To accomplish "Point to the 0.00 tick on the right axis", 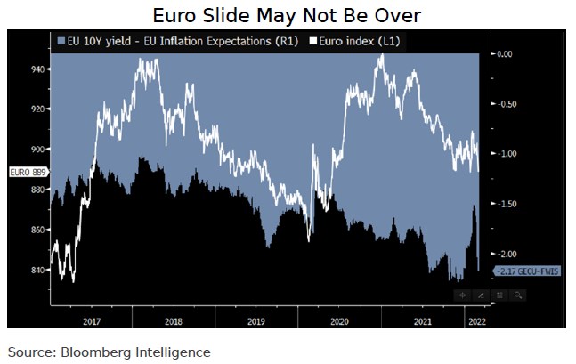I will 506,54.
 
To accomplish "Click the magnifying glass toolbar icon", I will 518,295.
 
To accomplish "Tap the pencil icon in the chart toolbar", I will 481,295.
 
